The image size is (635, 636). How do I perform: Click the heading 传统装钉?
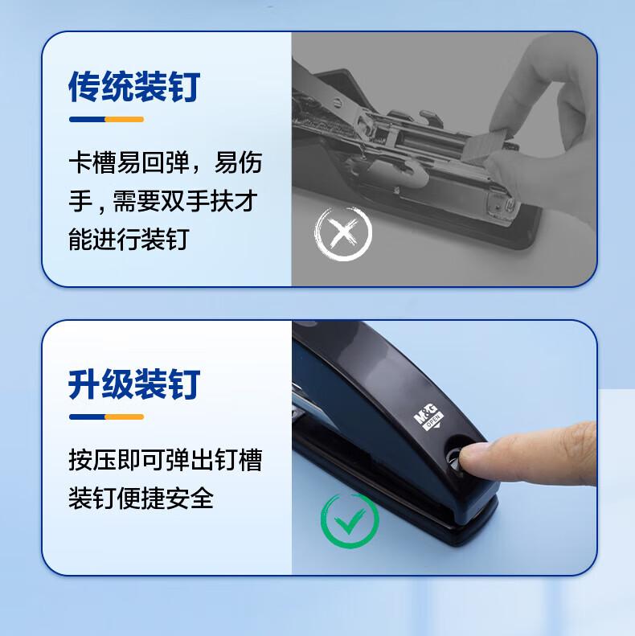click(134, 86)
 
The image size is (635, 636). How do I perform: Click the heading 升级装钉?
click(134, 384)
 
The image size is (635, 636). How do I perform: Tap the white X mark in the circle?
click(343, 234)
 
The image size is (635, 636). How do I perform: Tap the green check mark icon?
click(350, 521)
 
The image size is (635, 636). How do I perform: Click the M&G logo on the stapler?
click(428, 416)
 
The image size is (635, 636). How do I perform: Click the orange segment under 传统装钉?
click(125, 119)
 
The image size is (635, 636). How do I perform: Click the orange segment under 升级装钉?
click(125, 417)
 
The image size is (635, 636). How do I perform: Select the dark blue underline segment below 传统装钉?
click(87, 119)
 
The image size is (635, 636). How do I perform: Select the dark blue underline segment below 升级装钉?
click(87, 417)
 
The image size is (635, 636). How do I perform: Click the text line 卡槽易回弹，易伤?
click(166, 162)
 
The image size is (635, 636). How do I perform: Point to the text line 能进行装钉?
click(129, 240)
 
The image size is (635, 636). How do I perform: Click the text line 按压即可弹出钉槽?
click(166, 460)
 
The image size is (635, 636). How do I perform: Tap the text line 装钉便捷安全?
click(141, 498)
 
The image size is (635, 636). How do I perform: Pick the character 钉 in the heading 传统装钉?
click(185, 86)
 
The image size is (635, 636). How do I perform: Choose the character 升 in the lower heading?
click(84, 384)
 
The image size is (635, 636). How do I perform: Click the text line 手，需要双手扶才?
click(163, 201)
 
